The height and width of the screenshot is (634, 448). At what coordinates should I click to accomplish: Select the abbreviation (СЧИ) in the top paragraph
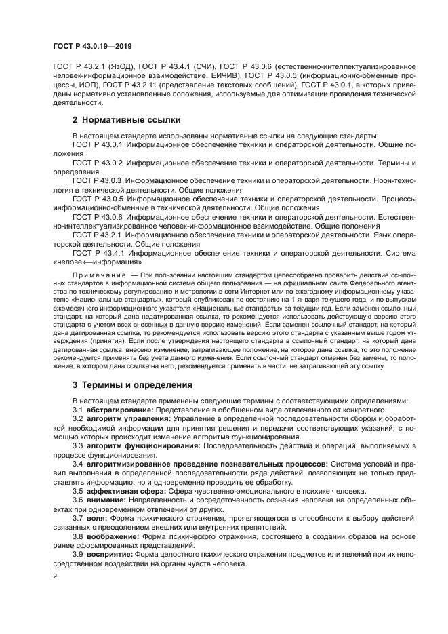pyautogui.click(x=201, y=66)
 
